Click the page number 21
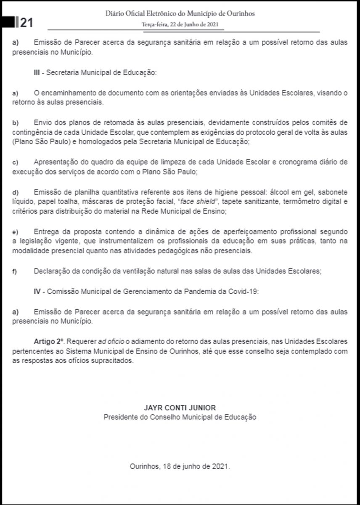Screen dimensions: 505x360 (x=26, y=22)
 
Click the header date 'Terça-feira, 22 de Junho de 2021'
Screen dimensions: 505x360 (x=180, y=24)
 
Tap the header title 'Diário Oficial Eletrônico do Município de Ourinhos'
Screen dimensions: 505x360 (x=180, y=14)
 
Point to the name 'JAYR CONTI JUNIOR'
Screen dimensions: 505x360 (x=180, y=408)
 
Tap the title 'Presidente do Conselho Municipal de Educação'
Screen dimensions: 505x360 (x=180, y=417)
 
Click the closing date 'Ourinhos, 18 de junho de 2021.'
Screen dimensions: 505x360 (x=180, y=467)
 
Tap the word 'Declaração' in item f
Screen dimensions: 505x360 (x=50, y=271)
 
